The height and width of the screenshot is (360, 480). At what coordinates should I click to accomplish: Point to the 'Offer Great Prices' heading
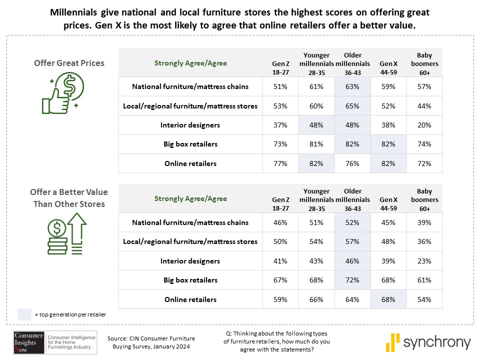69,63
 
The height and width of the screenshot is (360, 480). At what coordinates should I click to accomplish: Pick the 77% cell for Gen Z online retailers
281,163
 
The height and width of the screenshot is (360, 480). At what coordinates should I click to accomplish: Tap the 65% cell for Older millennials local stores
352,106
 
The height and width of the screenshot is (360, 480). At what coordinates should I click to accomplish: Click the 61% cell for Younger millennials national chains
316,86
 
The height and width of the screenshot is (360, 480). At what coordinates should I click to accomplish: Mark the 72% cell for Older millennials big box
352,280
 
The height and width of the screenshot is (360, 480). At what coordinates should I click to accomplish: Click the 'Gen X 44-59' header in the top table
388,67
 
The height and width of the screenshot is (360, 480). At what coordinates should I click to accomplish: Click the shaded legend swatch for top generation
24,314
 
